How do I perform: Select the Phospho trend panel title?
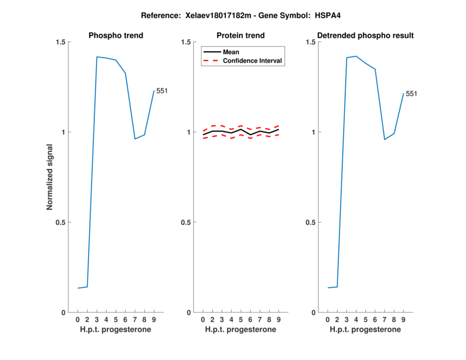click(116, 36)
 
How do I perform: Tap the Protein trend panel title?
click(241, 36)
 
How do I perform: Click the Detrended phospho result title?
click(365, 36)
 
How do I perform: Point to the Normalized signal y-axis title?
click(50, 177)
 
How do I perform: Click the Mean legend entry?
click(231, 52)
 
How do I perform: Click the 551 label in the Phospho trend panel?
click(161, 90)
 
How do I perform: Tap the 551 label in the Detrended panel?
click(411, 94)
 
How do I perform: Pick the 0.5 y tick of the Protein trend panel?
click(186, 223)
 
